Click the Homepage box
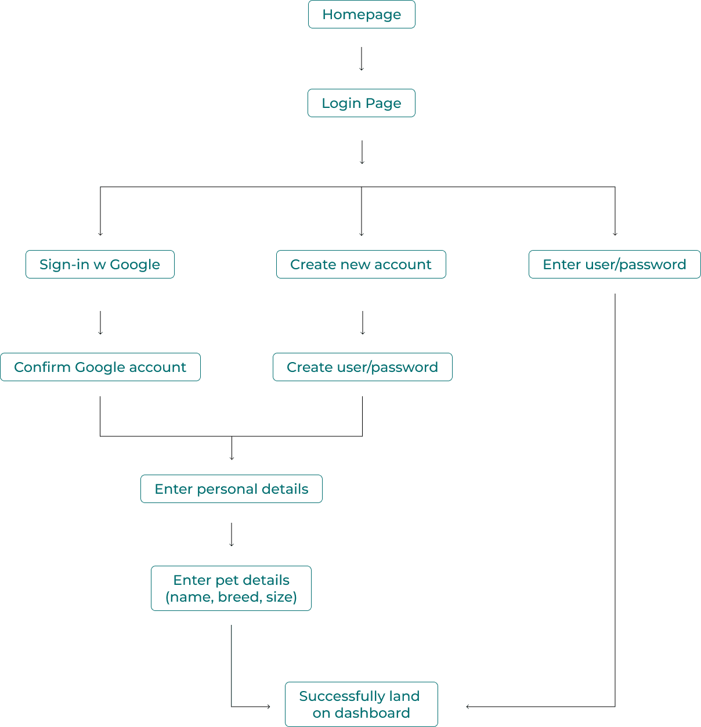pyautogui.click(x=362, y=15)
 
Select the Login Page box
pyautogui.click(x=362, y=103)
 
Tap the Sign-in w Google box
pyautogui.click(x=100, y=265)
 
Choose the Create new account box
pyautogui.click(x=361, y=265)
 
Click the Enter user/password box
pyautogui.click(x=615, y=265)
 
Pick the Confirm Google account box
pyautogui.click(x=100, y=367)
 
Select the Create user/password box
pyautogui.click(x=363, y=367)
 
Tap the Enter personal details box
pyautogui.click(x=232, y=489)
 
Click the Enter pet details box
pyautogui.click(x=232, y=588)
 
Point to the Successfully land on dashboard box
pyautogui.click(x=361, y=704)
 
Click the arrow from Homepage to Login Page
pyautogui.click(x=362, y=59)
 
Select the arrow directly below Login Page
pyautogui.click(x=362, y=153)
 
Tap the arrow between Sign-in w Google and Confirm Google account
pyautogui.click(x=100, y=323)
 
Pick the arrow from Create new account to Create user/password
pyautogui.click(x=363, y=323)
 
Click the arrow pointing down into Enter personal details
pyautogui.click(x=232, y=449)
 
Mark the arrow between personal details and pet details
pyautogui.click(x=232, y=535)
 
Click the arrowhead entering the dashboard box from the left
pyautogui.click(x=268, y=707)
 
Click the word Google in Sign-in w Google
pyautogui.click(x=135, y=265)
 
